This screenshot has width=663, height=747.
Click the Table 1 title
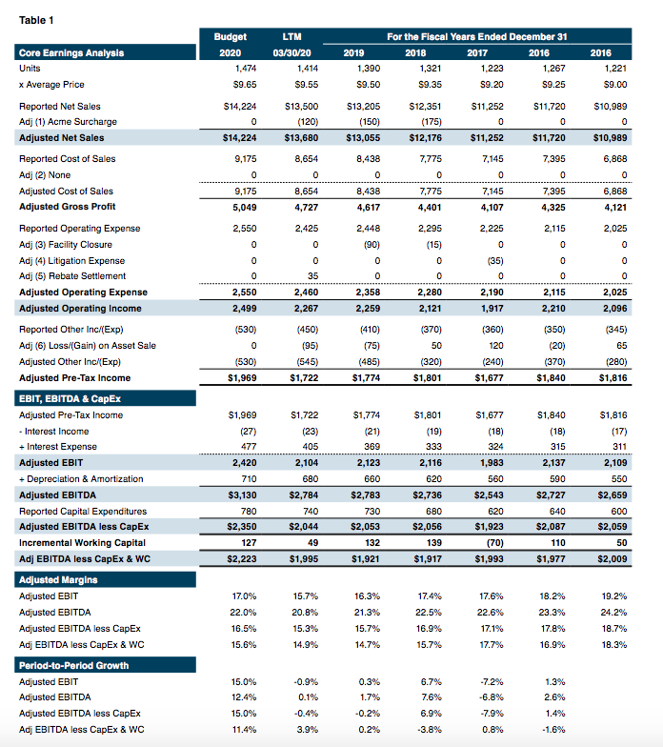[35, 20]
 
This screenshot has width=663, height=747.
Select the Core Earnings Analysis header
[70, 52]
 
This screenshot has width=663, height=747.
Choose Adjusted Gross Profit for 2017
[493, 206]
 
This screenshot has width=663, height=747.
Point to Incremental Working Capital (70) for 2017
[493, 543]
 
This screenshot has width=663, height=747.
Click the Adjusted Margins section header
[58, 578]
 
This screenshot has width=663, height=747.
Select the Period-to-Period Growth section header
[73, 664]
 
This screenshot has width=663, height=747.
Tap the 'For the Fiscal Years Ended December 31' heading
[476, 36]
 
